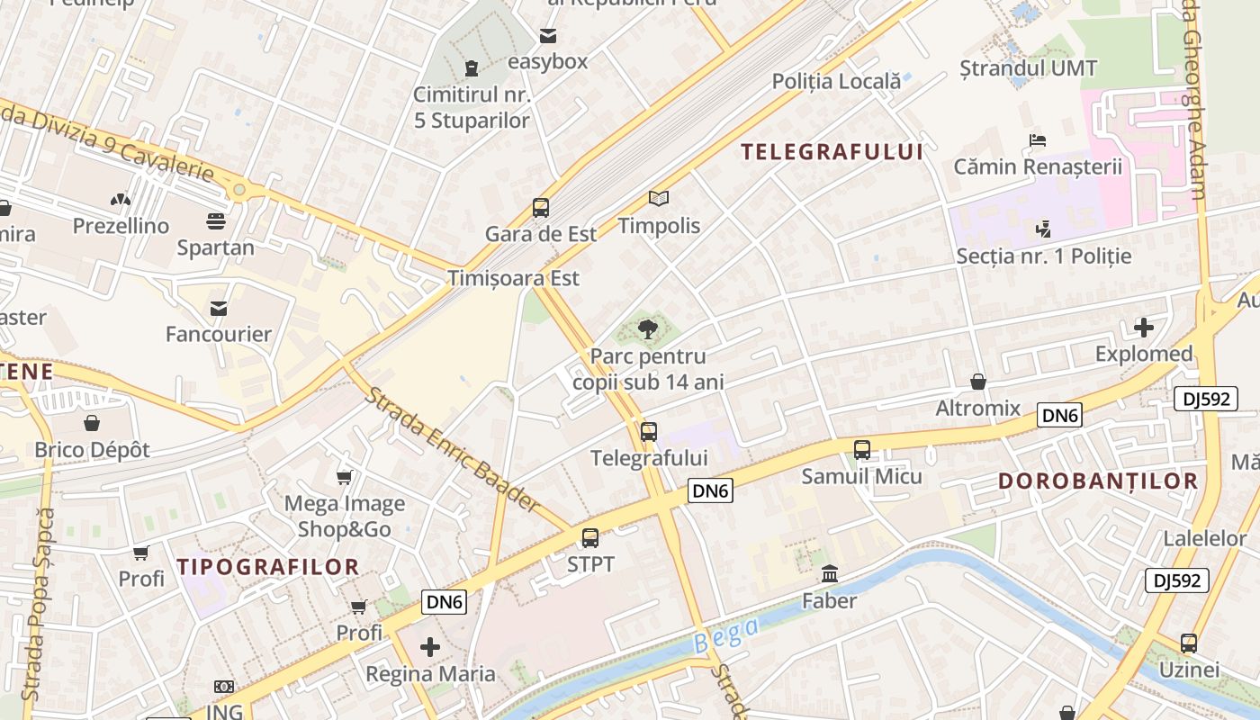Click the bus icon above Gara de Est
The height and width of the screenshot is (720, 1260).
541,208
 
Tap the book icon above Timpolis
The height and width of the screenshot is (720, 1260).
659,199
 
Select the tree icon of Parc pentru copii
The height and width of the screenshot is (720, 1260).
648,329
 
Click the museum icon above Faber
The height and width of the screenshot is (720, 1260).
829,573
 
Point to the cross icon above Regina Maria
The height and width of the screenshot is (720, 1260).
430,646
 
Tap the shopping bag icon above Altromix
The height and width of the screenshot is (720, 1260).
978,382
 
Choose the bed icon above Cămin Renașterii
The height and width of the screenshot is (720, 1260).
1038,140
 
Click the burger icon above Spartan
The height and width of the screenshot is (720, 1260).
216,220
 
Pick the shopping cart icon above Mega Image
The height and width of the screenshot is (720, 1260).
344,477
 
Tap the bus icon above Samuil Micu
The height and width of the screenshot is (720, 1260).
862,449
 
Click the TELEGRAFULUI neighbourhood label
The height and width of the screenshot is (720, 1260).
832,152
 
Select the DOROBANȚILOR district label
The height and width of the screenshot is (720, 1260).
1098,481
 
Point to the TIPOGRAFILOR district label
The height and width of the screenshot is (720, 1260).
268,567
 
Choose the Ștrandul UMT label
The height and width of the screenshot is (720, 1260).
1029,68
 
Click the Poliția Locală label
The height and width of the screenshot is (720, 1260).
836,82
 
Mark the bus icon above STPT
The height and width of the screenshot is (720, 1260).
590,538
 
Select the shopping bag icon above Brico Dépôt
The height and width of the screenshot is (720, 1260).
92,423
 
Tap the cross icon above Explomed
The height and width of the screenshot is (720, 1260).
1144,328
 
